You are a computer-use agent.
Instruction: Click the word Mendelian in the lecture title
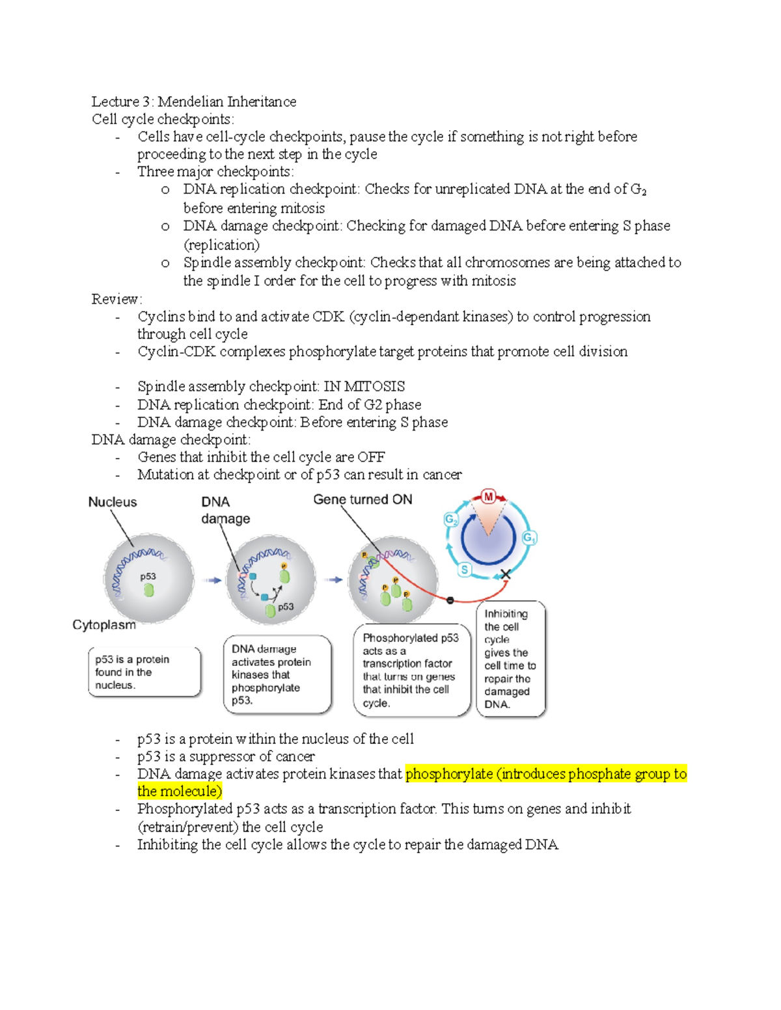(x=191, y=101)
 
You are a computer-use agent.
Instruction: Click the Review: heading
(x=116, y=299)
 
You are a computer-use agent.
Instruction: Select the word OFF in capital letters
(x=371, y=457)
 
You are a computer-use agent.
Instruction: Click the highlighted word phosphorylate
(x=449, y=774)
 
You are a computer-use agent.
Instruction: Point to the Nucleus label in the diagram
(x=113, y=502)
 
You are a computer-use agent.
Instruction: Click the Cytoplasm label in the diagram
(x=104, y=625)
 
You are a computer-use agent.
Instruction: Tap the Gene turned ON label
(x=363, y=499)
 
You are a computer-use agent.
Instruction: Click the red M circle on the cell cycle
(x=488, y=498)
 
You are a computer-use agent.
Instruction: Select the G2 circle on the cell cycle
(x=451, y=520)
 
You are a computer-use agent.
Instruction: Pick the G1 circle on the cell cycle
(x=529, y=538)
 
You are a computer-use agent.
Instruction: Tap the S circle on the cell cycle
(x=464, y=570)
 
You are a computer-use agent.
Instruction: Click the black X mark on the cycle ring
(x=505, y=574)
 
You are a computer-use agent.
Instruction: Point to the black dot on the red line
(x=450, y=600)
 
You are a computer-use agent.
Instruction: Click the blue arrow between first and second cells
(x=212, y=580)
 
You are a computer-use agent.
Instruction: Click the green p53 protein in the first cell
(x=149, y=590)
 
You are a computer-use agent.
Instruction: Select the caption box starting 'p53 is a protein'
(x=144, y=672)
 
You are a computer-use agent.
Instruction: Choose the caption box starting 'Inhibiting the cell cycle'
(x=510, y=659)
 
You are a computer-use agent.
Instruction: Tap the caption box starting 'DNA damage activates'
(x=277, y=674)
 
